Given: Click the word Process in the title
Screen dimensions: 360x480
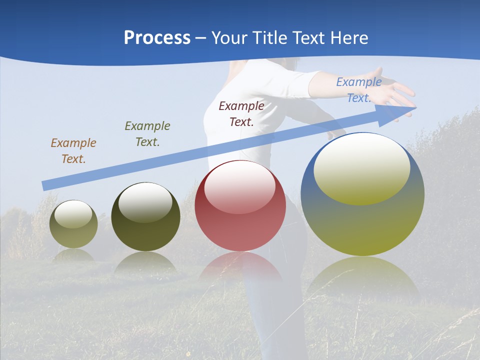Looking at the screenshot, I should pos(157,38).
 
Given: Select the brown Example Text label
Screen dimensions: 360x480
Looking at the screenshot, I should pos(73,151).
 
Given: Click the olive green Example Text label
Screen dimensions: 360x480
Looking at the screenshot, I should pos(147,134).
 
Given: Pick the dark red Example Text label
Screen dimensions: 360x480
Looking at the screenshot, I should pos(241,114).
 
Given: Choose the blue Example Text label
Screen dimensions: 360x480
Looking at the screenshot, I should pos(358,90).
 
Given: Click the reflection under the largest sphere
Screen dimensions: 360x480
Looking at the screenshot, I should pos(362,275).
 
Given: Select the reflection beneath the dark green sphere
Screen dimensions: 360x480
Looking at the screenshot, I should pos(145,262).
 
